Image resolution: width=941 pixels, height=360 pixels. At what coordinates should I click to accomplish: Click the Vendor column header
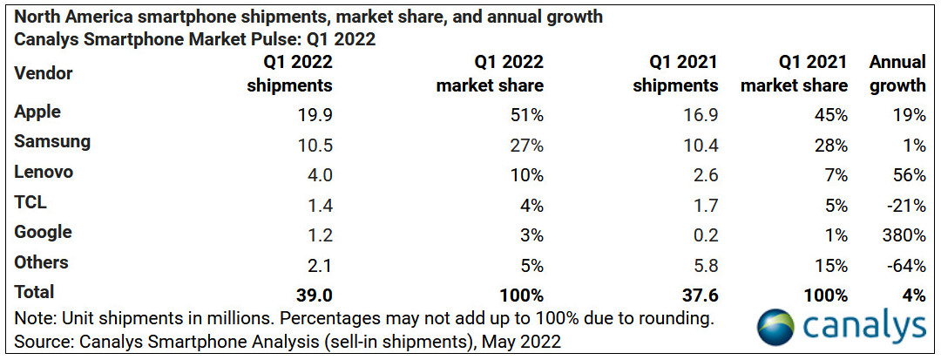pos(44,73)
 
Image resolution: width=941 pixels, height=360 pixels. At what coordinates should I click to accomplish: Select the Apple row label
pos(37,112)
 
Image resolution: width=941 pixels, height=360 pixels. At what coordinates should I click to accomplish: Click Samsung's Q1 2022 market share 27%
pos(526,143)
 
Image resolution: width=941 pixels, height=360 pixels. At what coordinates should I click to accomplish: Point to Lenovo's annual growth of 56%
pos(909,173)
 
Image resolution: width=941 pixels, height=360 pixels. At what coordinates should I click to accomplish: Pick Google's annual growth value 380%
pos(904,234)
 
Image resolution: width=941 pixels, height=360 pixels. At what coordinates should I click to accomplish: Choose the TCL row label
pos(30,203)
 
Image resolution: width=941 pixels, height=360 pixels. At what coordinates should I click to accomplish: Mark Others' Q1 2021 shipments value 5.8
pos(702,263)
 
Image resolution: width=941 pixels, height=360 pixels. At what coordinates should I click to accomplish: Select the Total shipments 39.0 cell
pos(314,294)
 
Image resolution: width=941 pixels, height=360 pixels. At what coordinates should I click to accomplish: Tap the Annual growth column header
pos(897,73)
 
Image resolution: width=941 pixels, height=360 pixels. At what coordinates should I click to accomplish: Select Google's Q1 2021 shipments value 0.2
pos(702,234)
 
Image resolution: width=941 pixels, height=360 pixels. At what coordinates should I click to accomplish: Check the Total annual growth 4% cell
pos(914,294)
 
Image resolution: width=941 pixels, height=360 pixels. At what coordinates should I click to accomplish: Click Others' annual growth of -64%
pos(907,263)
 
